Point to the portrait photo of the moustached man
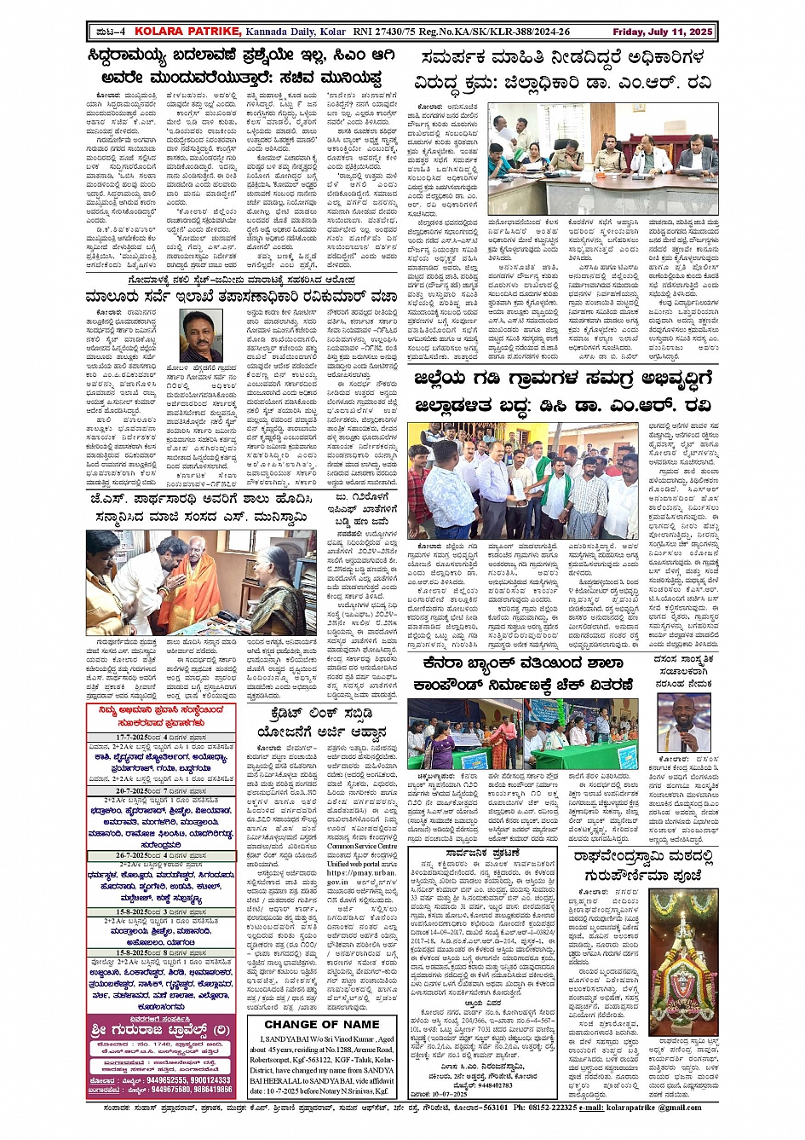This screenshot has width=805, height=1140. pos(201,335)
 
